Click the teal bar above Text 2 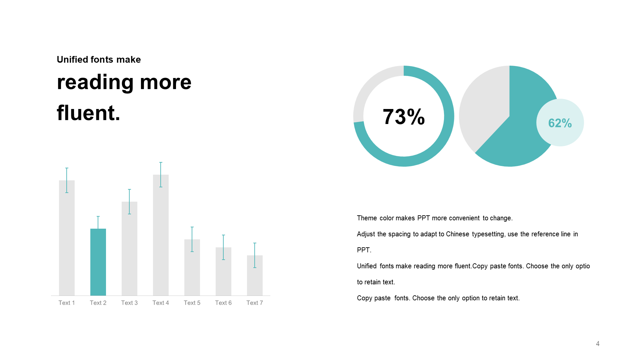[x=98, y=262]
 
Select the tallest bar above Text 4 [x=161, y=235]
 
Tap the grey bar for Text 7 [x=255, y=275]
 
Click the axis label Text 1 [x=67, y=303]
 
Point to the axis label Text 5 [x=192, y=303]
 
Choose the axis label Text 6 [x=223, y=303]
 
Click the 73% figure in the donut [x=404, y=117]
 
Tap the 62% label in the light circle [x=560, y=123]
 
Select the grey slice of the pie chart [x=483, y=107]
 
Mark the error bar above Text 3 [x=129, y=202]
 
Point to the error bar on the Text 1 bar [x=67, y=180]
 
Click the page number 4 [x=598, y=344]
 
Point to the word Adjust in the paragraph [x=366, y=234]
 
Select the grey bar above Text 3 [x=129, y=249]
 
